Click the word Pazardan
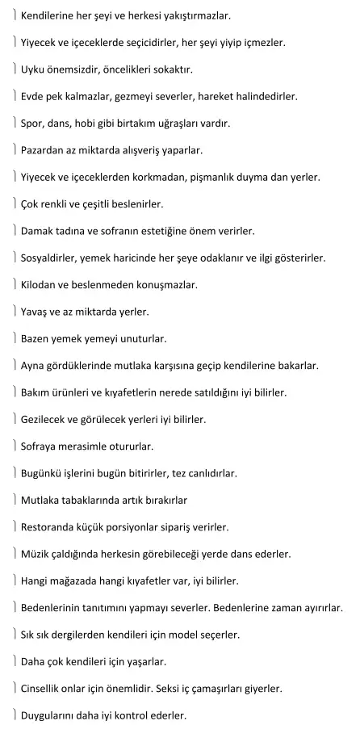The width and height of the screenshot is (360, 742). tap(45, 150)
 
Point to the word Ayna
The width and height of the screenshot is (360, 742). tap(35, 366)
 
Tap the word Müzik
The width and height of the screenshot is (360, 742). tap(37, 554)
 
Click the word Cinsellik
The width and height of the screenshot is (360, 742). tap(45, 689)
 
